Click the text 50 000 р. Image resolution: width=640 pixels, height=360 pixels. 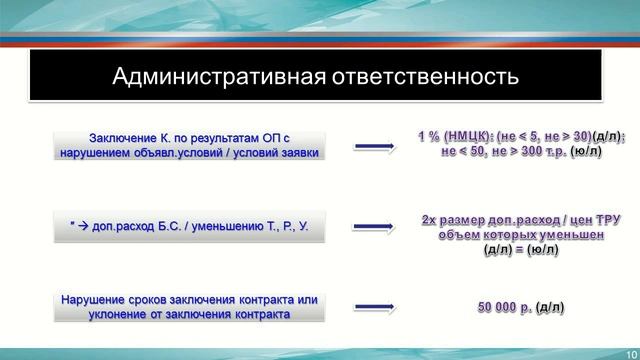pyautogui.click(x=504, y=305)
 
